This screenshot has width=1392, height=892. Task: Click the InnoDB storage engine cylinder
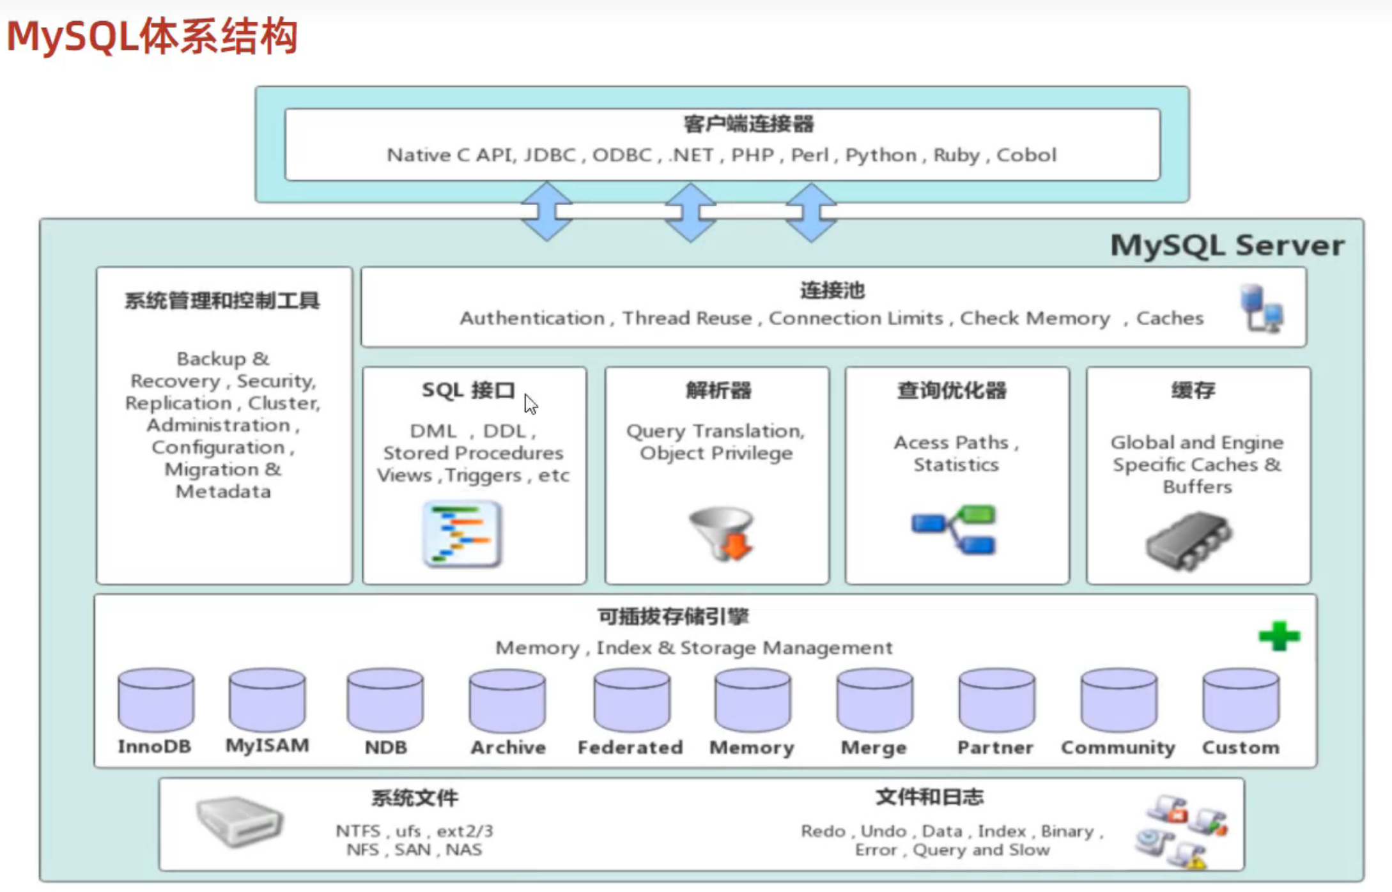[x=156, y=700]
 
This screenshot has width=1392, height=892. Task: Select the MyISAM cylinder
[x=267, y=700]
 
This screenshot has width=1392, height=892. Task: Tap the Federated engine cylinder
[x=631, y=700]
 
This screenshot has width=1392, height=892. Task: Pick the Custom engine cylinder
[x=1241, y=700]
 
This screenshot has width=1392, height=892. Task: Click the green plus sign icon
[x=1279, y=636]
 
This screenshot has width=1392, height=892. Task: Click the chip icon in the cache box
[x=1189, y=541]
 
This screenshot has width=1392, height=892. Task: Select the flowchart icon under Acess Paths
[x=954, y=529]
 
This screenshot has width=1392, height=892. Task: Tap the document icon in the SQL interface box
[x=462, y=534]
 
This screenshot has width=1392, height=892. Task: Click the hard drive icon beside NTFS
[x=239, y=821]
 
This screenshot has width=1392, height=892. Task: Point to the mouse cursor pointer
[x=530, y=403]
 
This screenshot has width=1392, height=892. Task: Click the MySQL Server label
[x=1227, y=245]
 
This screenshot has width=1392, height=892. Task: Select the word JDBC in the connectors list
[x=550, y=155]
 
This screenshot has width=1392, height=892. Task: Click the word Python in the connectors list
[x=881, y=155]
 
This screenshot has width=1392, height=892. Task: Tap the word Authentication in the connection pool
[x=532, y=318]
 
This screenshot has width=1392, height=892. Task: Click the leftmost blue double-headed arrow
[x=546, y=211]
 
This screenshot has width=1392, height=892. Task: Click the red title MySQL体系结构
[x=152, y=36]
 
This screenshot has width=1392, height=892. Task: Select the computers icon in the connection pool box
[x=1261, y=308]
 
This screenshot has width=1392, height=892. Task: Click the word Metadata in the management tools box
[x=223, y=491]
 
